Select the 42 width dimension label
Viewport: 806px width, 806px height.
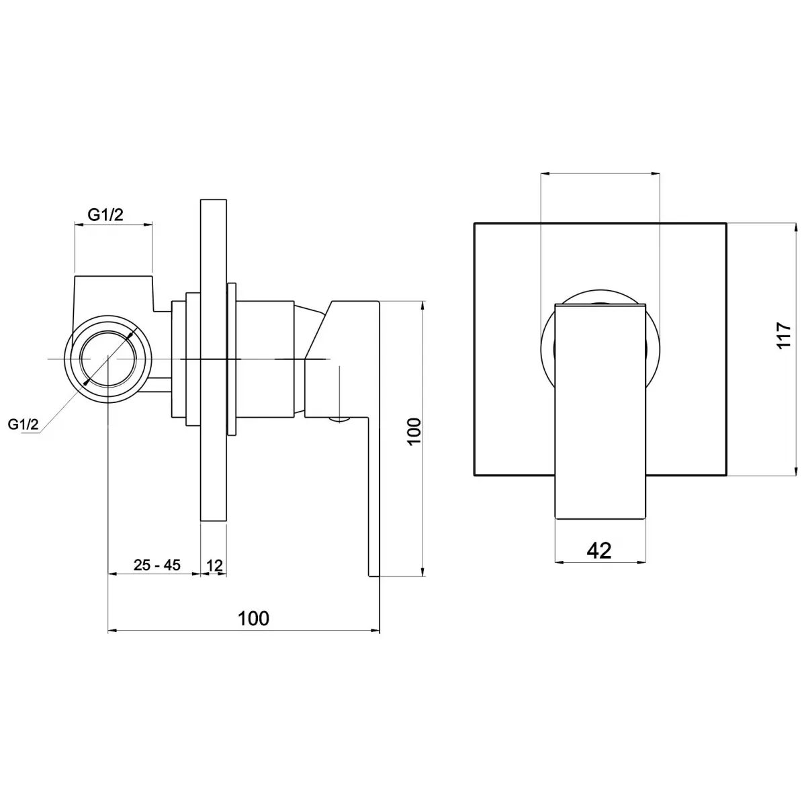(x=599, y=550)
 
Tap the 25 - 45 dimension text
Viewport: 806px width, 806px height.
(x=156, y=565)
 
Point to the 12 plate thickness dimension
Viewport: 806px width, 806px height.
(x=214, y=566)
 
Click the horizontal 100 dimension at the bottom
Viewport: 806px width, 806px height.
(x=253, y=618)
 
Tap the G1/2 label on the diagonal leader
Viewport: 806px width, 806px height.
(x=23, y=424)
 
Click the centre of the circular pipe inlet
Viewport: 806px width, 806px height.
(x=107, y=359)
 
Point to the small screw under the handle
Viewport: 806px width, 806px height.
(x=340, y=421)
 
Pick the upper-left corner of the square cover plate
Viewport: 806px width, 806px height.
(x=474, y=223)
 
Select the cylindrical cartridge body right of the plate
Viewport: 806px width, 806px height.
(x=265, y=359)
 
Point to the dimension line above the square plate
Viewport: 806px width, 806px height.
(x=600, y=174)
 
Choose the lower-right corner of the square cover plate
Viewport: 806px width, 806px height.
(x=725, y=476)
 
